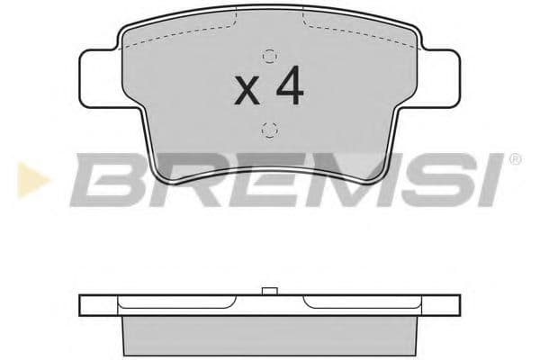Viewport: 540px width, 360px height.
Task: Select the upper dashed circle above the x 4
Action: point(267,51)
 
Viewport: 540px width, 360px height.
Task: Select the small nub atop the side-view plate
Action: point(267,291)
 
